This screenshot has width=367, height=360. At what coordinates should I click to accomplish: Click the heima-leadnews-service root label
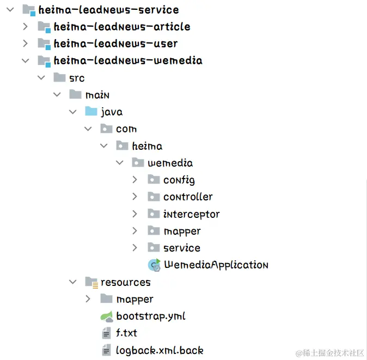[108, 9]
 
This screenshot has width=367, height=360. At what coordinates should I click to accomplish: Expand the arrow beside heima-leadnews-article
[25, 26]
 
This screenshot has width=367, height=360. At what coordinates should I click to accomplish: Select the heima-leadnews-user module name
[115, 43]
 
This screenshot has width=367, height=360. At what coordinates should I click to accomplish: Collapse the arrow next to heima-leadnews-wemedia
[25, 60]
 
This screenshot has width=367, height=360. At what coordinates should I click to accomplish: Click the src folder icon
[60, 77]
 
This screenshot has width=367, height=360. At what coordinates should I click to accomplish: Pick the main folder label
[97, 95]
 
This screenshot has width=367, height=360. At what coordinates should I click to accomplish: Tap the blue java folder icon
[91, 112]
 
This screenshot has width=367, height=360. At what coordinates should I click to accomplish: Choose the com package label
[126, 129]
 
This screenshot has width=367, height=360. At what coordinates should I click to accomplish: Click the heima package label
[147, 146]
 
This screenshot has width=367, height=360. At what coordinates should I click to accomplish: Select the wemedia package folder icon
[138, 163]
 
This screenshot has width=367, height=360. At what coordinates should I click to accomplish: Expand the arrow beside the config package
[135, 180]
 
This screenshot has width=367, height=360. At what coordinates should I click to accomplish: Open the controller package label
[188, 197]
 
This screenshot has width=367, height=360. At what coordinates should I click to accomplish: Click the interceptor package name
[191, 214]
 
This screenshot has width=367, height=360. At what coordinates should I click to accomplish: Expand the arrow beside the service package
[135, 248]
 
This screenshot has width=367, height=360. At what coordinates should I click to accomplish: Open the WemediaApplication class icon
[154, 265]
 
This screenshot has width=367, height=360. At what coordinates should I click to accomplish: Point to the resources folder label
[125, 282]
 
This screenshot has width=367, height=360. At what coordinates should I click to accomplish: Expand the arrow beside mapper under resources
[88, 299]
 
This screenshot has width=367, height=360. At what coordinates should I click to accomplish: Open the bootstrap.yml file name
[151, 316]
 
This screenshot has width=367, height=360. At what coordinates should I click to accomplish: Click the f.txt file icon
[106, 333]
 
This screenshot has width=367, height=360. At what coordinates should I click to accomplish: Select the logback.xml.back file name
[160, 350]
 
